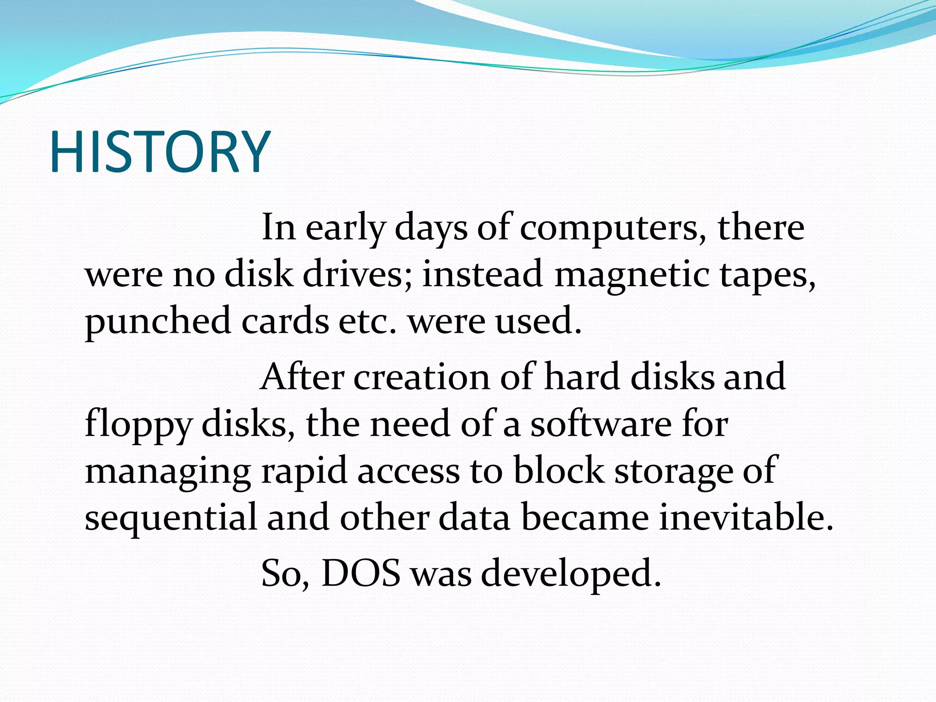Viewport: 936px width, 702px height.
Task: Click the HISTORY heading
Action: (160, 152)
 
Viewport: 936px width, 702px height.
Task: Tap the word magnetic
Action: (631, 276)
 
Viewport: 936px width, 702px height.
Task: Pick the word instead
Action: (482, 275)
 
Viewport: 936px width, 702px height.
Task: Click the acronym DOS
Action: (361, 574)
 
